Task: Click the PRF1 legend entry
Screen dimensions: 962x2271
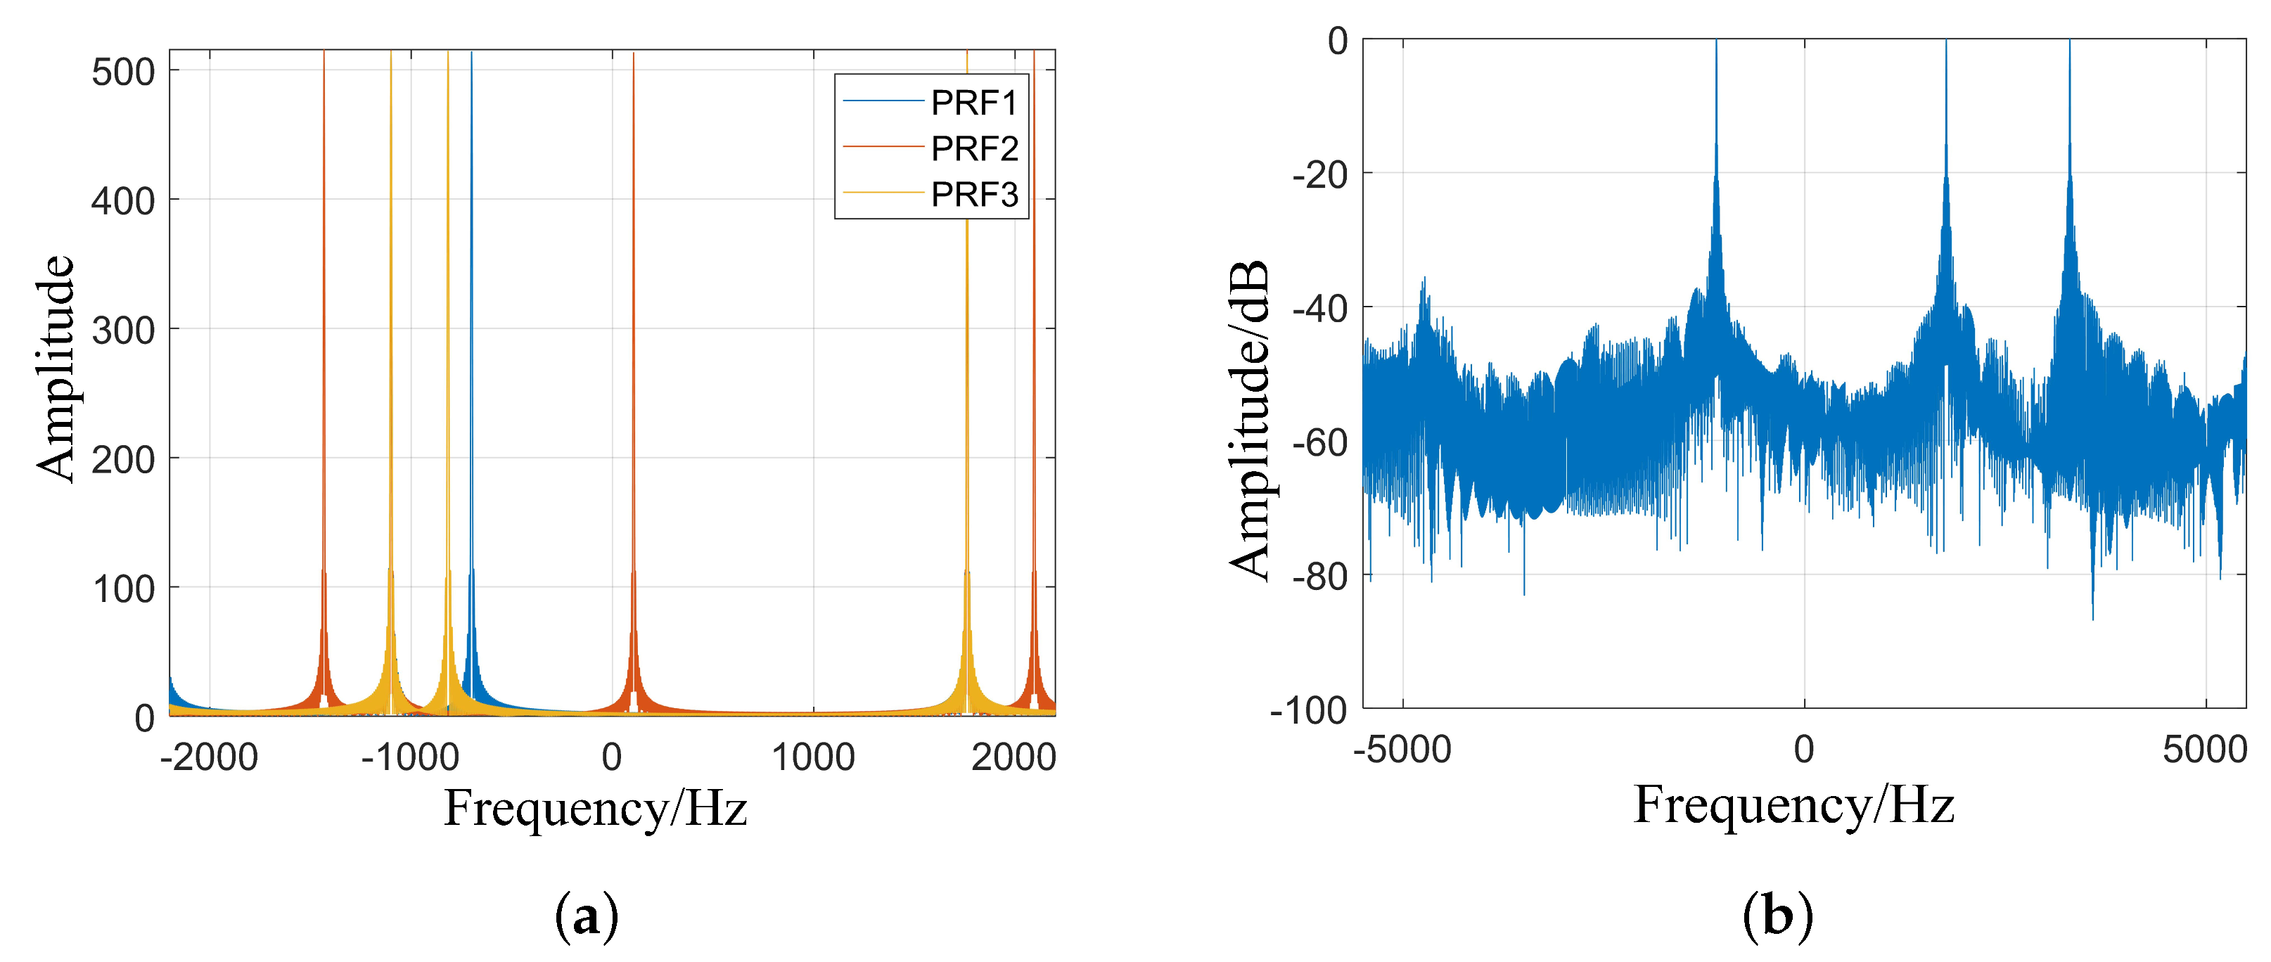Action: point(973,103)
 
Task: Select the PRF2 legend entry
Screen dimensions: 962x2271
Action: point(973,149)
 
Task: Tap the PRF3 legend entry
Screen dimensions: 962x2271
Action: point(973,195)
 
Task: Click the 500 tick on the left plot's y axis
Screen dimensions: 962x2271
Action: point(122,72)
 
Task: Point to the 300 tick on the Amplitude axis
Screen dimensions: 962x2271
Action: point(122,331)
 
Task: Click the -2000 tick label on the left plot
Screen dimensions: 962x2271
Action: point(209,757)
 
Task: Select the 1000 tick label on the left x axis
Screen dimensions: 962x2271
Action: point(813,757)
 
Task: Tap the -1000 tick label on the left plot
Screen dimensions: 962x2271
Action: point(410,757)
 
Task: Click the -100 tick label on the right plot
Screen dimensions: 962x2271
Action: point(1308,711)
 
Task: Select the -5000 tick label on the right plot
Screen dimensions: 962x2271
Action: point(1402,750)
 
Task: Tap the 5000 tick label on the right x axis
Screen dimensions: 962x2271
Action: point(2204,750)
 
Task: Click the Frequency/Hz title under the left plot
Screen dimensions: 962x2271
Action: point(595,808)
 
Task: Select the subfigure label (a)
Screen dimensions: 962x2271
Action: point(587,917)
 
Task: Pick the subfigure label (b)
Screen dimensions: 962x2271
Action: point(1777,917)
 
